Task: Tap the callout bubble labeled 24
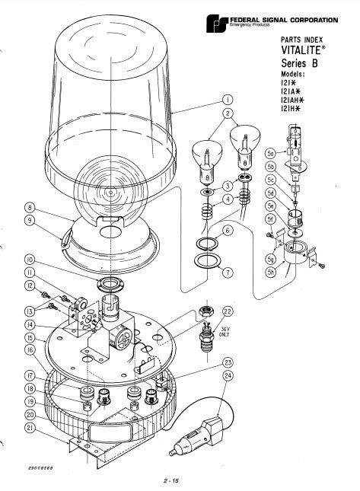click(x=228, y=375)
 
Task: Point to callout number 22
click(x=227, y=311)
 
